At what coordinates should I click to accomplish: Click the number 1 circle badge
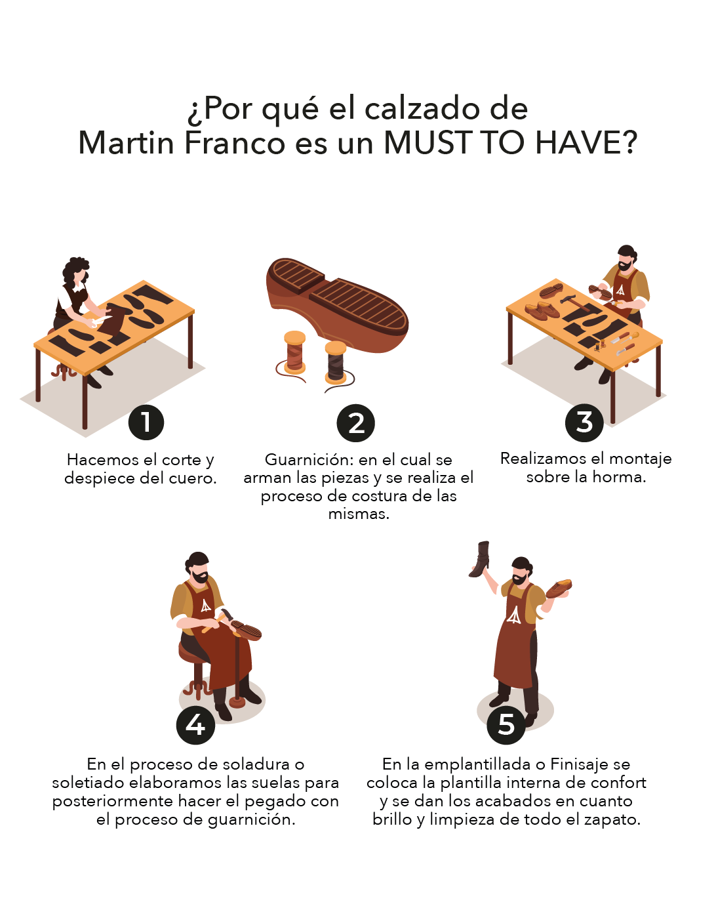146,422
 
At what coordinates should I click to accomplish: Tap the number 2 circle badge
355,423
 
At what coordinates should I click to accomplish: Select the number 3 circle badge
584,423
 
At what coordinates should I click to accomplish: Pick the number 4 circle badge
195,725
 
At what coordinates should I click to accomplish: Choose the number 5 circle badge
506,725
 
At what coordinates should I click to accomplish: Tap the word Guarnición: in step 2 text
309,459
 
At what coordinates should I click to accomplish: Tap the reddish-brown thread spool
294,352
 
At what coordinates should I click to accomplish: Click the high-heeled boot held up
479,560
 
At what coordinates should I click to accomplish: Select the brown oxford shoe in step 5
559,589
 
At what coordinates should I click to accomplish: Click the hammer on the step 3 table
574,302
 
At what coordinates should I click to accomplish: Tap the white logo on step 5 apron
513,615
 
